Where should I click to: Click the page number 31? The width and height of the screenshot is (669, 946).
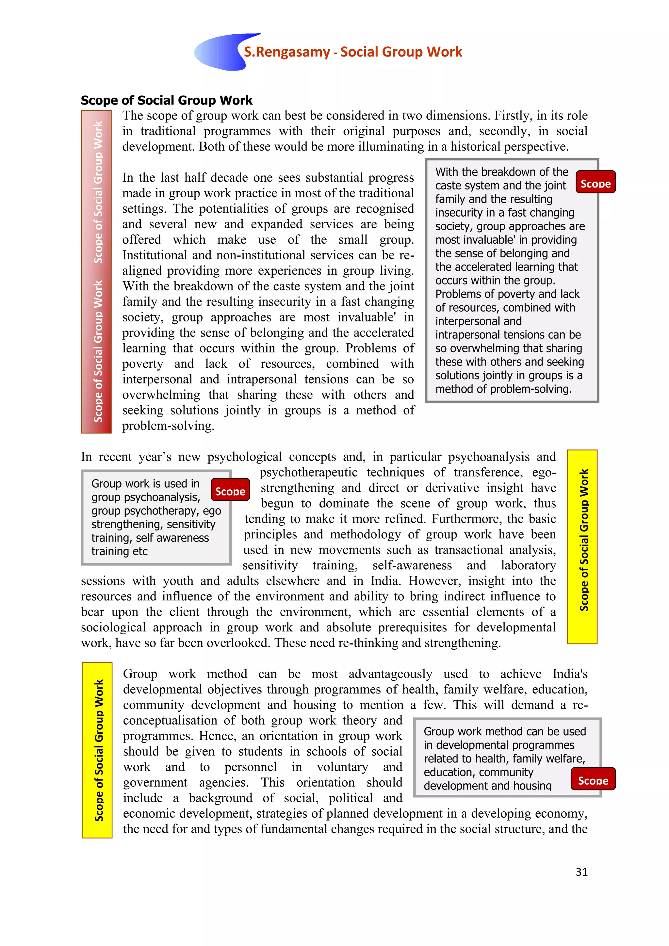click(581, 872)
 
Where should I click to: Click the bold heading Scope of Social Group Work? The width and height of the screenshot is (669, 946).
click(166, 100)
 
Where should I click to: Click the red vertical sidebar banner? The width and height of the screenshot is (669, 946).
click(96, 271)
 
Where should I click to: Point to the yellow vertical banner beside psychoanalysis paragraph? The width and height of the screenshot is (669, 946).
click(582, 546)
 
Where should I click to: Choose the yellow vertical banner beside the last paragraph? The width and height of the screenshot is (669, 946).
click(97, 750)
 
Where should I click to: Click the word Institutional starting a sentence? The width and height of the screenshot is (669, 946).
click(154, 255)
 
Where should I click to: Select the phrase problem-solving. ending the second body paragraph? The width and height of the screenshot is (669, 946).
click(168, 426)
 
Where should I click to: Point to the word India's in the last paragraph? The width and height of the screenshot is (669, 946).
click(570, 674)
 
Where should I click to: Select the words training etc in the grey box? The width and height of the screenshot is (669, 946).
click(120, 551)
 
